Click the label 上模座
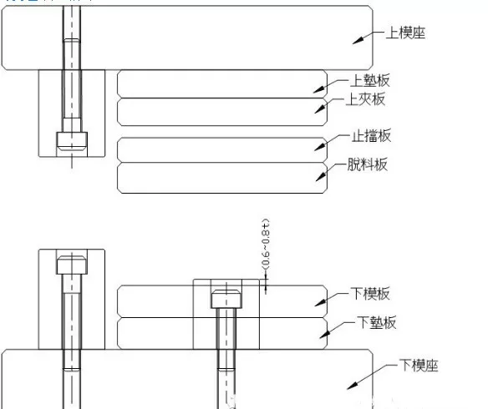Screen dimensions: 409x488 click(x=405, y=33)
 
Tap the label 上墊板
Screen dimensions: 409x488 click(x=370, y=81)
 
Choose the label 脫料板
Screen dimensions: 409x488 click(x=368, y=164)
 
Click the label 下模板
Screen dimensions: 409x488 click(x=370, y=294)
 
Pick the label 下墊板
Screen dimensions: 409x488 click(x=376, y=322)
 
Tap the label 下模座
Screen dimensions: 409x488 click(x=418, y=366)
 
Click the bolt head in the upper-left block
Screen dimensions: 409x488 click(x=70, y=140)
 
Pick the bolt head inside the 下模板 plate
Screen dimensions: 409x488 click(x=225, y=299)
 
